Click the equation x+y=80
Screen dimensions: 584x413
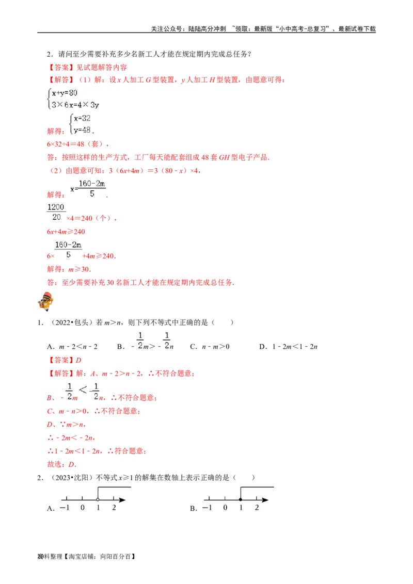point(65,93)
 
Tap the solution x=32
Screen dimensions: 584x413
point(82,118)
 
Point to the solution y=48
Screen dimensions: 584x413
point(82,129)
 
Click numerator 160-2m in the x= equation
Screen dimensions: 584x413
point(92,184)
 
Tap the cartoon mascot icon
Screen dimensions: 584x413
point(46,302)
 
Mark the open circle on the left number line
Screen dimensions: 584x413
point(98,499)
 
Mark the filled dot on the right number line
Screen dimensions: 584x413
point(241,499)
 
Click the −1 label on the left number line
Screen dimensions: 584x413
point(65,508)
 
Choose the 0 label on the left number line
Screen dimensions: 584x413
point(82,508)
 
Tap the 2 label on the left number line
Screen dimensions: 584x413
point(114,508)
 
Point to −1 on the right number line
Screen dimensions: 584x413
point(207,508)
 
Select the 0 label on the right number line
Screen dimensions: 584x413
point(225,508)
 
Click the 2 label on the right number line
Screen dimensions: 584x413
point(257,508)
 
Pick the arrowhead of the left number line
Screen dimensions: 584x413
point(122,499)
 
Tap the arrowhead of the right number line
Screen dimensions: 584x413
point(265,499)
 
